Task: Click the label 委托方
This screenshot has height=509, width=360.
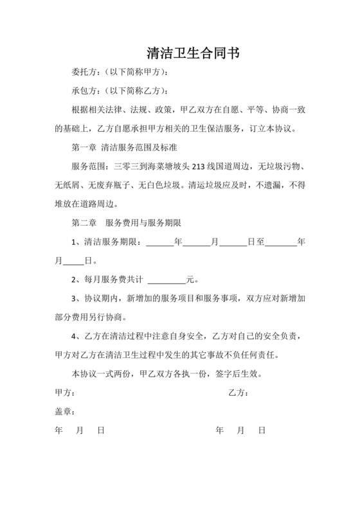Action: click(83, 71)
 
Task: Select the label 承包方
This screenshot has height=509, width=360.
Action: click(83, 90)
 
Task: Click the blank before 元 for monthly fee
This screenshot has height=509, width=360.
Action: click(166, 280)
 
